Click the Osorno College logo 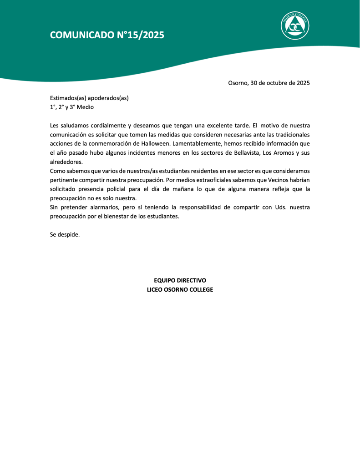[x=295, y=25]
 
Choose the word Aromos [x=283, y=152]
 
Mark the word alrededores [x=66, y=162]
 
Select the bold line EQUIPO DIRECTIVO [x=180, y=280]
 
